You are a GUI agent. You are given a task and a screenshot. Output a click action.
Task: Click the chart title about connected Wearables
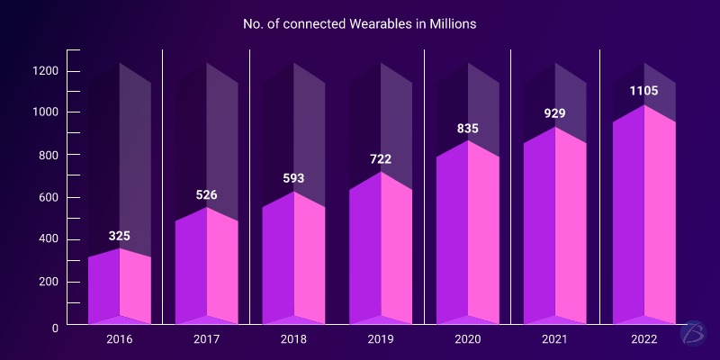coord(360,24)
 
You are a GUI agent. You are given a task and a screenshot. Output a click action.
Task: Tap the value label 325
coord(120,237)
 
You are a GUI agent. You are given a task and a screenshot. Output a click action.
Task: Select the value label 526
coord(207,194)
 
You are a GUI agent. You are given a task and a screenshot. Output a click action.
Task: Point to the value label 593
coord(293,178)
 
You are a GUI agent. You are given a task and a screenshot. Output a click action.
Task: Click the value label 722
coord(381,158)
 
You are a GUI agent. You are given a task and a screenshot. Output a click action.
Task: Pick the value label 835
coord(468,129)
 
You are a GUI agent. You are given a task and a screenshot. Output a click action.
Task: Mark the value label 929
coord(555,114)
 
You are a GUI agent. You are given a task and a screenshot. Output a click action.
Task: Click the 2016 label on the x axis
coord(120,340)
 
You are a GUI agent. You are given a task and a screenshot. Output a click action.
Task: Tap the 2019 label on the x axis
coord(381,340)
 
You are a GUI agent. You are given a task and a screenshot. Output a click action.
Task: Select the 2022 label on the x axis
coord(643,340)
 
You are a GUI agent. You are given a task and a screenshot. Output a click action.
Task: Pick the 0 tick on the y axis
coord(55,326)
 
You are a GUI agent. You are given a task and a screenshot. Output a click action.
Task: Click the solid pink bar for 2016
coord(120,288)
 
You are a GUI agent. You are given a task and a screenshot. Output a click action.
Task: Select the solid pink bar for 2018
coord(293,261)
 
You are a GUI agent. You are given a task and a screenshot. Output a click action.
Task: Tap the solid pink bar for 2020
coord(468,234)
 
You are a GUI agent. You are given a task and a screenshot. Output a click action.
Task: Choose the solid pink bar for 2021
coord(555,225)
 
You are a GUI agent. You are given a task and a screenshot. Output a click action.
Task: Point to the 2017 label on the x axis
coord(207,340)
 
